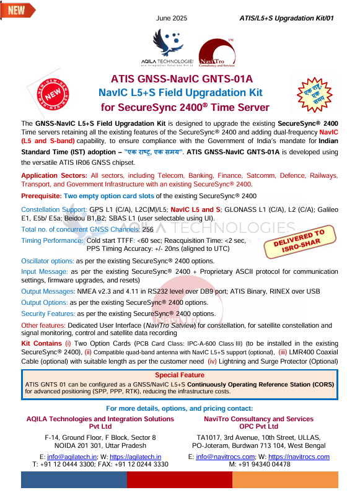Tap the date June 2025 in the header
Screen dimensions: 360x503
point(172,18)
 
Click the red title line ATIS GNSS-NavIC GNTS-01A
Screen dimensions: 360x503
point(182,80)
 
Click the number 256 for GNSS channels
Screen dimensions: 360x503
point(147,229)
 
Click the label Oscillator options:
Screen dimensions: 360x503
point(48,261)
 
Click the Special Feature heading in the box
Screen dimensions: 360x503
point(179,375)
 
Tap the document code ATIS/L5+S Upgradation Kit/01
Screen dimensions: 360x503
point(286,18)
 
